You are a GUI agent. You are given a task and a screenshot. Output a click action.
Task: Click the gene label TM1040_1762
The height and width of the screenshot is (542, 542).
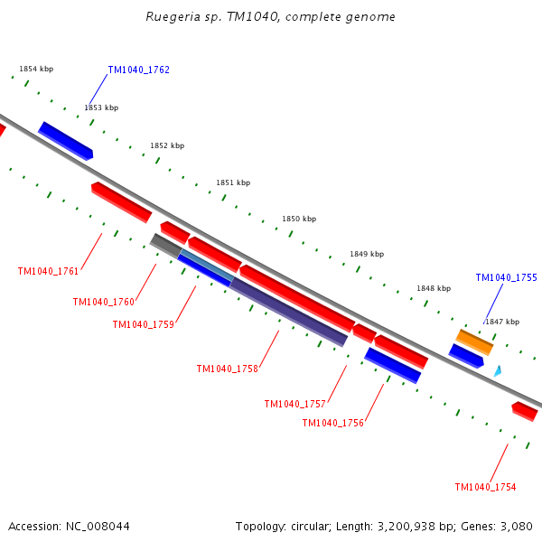[138, 70]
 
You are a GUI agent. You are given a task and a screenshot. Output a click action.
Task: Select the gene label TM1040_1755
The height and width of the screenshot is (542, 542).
[506, 277]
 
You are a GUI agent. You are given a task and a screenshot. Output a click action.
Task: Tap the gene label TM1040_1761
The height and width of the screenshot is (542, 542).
[48, 271]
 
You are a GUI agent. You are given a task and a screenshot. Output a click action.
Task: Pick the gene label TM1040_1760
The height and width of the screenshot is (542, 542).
[103, 302]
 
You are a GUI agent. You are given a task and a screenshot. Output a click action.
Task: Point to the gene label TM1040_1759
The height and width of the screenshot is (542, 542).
[143, 324]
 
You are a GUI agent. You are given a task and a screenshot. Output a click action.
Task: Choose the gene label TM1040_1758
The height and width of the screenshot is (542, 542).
[227, 369]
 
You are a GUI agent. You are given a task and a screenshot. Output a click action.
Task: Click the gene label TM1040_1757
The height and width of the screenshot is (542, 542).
[294, 404]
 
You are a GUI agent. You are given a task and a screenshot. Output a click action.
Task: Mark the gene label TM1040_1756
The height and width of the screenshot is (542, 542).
[332, 423]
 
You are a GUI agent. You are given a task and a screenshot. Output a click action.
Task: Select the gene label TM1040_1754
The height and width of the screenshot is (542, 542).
[485, 487]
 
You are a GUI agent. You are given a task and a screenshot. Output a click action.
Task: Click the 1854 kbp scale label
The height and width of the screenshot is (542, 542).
[36, 69]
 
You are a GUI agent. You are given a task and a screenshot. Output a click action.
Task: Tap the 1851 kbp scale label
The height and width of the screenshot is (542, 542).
[233, 182]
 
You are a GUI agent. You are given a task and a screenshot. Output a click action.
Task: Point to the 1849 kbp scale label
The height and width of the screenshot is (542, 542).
[367, 254]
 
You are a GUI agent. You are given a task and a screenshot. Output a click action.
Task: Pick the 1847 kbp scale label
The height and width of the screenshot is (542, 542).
[502, 322]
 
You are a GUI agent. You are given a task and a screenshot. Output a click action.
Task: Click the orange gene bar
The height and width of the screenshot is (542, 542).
[474, 341]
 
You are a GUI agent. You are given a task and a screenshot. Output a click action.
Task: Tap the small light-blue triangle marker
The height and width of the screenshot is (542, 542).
[497, 370]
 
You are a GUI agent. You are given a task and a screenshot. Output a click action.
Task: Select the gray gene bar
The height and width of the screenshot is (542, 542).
[165, 244]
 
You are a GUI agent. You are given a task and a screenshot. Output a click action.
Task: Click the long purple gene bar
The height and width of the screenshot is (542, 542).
[288, 312]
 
